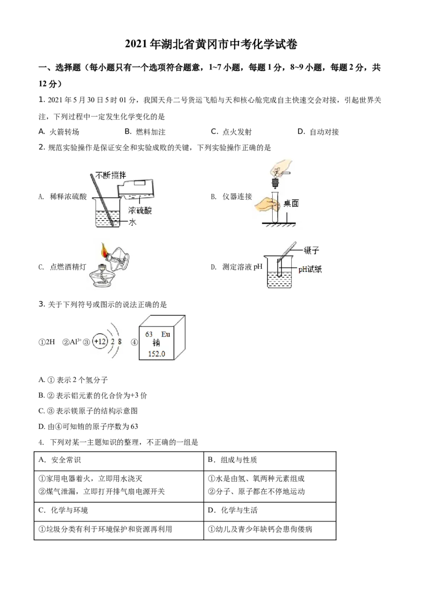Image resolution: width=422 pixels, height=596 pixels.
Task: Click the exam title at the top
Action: click(211, 44)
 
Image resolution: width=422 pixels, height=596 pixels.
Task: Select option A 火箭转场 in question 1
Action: click(59, 132)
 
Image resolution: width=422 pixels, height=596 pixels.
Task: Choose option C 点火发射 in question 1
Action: click(231, 132)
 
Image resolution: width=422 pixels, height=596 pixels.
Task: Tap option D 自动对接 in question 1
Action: click(318, 132)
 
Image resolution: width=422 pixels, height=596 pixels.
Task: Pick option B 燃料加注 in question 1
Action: click(145, 132)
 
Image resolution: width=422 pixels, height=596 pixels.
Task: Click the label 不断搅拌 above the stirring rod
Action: click(110, 175)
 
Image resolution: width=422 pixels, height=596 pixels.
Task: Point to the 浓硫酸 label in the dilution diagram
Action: click(140, 210)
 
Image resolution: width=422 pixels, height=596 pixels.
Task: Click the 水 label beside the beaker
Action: click(132, 222)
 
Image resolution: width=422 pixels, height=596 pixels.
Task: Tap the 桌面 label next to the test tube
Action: click(291, 203)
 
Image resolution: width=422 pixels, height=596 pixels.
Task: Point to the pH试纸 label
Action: click(310, 270)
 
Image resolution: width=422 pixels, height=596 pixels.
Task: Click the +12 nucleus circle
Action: click(100, 341)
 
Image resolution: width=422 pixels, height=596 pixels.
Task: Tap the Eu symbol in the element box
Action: click(166, 334)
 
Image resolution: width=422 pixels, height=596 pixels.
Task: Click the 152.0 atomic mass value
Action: click(157, 354)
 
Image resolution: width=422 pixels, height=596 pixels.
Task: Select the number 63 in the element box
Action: click(149, 334)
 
